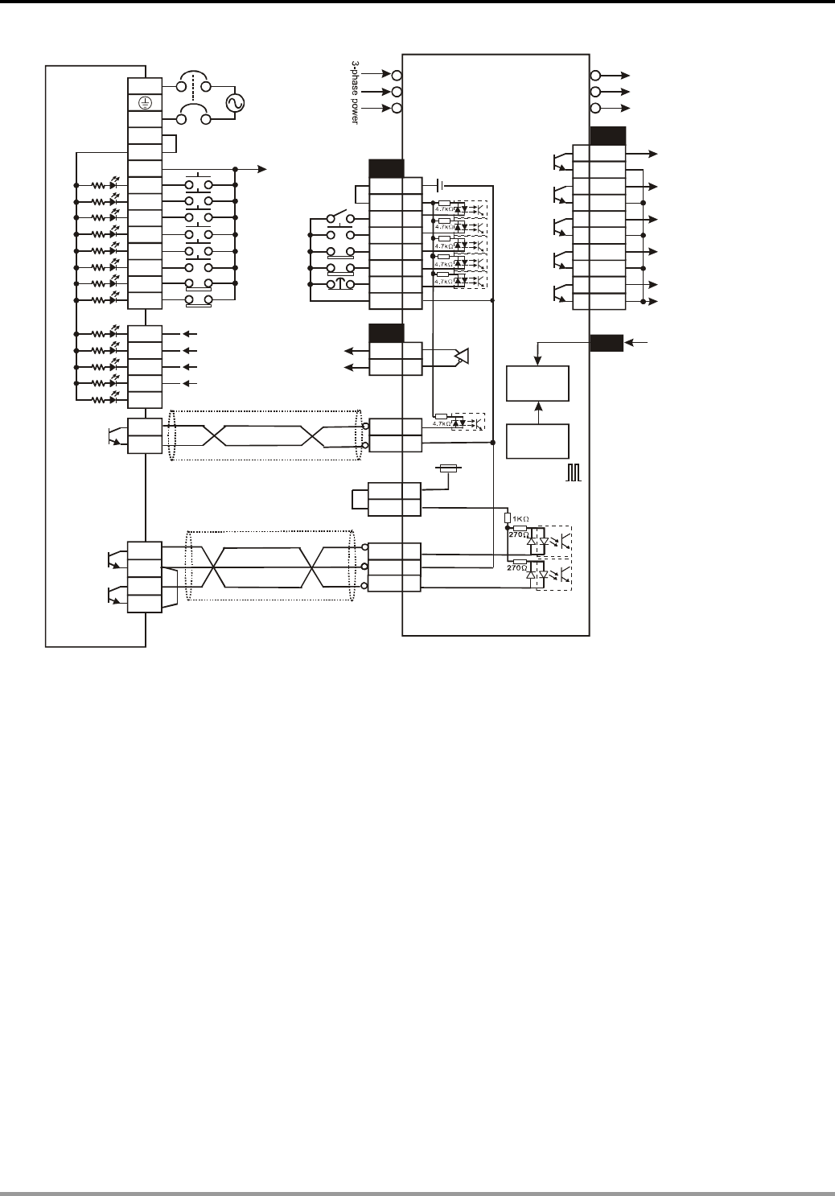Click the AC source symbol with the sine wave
coord(237,103)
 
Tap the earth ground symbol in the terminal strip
coord(145,103)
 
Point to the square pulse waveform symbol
coord(573,473)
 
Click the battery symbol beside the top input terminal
coord(439,184)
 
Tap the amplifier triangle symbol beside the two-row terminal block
coord(461,356)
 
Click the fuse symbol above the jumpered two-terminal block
coord(448,468)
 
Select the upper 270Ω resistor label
coord(517,534)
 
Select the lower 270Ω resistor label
coord(517,567)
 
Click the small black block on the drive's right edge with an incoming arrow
coord(606,342)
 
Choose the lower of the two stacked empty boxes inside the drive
coord(537,440)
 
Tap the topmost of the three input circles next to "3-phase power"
coord(397,75)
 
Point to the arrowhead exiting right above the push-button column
coord(261,169)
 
